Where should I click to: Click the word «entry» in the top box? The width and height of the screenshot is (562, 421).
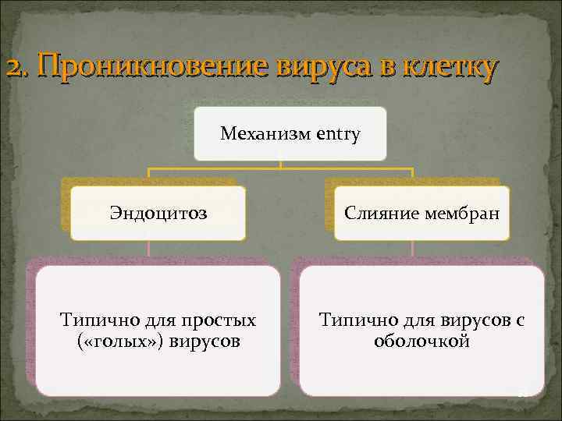click(338, 134)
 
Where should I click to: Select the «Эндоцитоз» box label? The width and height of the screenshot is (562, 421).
click(158, 213)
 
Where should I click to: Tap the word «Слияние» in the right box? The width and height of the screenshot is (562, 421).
click(378, 213)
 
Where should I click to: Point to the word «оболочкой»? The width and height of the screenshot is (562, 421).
click(421, 341)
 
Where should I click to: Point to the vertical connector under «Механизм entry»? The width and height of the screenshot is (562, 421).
click(281, 164)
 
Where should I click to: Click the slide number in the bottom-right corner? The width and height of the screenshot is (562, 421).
click(524, 394)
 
